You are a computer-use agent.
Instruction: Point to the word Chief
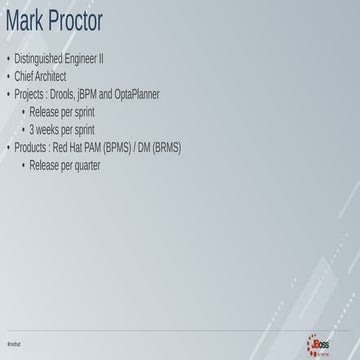coord(24,75)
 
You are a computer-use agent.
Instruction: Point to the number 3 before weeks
coord(32,130)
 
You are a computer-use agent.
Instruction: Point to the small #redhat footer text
coord(14,343)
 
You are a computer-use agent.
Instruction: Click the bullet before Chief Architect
coord(8,76)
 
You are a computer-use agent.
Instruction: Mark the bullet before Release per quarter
coord(23,166)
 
